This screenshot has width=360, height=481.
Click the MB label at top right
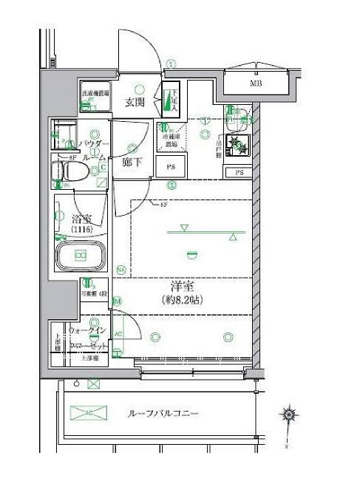tap(256, 83)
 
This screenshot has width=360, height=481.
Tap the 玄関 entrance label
tap(134, 102)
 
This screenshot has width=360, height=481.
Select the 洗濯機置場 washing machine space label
tap(95, 95)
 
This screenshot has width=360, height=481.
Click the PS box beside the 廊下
tap(169, 168)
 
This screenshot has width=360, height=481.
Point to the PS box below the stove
tap(239, 172)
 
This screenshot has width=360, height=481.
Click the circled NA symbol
tap(120, 270)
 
